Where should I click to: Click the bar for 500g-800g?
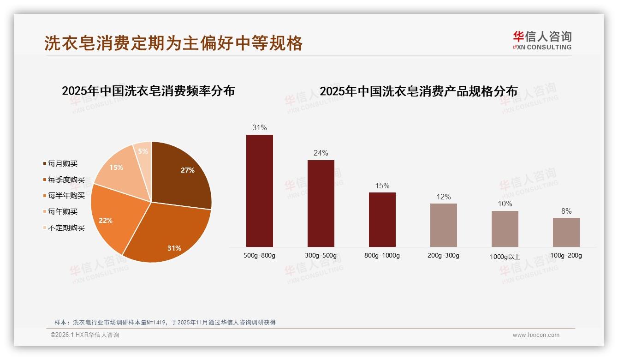click(x=259, y=191)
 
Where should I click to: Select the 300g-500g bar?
click(x=321, y=203)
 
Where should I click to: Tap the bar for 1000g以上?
click(x=505, y=228)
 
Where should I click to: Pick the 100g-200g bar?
click(x=566, y=232)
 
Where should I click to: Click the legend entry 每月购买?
click(x=63, y=164)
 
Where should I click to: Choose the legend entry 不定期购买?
click(x=66, y=228)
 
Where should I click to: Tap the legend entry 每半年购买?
click(x=66, y=196)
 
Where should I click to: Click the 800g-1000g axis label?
click(x=382, y=256)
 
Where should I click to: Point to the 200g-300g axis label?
click(x=443, y=256)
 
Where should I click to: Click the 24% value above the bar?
click(x=321, y=153)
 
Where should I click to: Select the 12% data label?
click(x=443, y=197)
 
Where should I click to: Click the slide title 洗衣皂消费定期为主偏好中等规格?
click(x=173, y=43)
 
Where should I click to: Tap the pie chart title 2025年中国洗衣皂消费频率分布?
click(x=148, y=90)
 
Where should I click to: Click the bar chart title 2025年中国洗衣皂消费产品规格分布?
click(x=418, y=91)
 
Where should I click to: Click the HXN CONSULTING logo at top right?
click(x=542, y=41)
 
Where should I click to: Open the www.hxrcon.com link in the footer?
click(x=536, y=335)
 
